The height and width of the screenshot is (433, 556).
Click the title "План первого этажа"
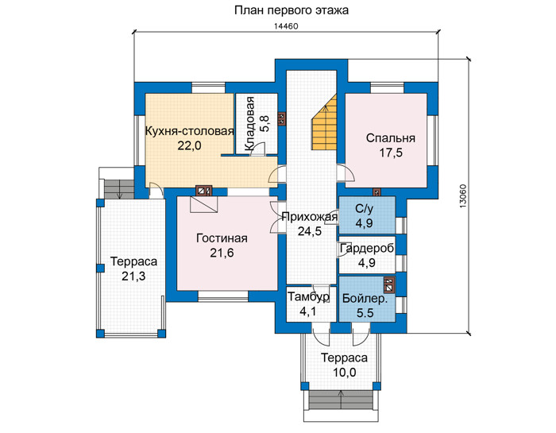click(292, 10)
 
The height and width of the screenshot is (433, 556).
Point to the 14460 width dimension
click(286, 26)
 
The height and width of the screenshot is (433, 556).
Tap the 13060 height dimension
click(464, 196)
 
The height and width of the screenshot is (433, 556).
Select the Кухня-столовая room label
click(190, 131)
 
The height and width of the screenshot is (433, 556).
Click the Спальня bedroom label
click(391, 138)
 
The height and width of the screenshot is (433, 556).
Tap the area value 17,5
click(391, 153)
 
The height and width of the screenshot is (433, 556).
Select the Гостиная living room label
click(222, 238)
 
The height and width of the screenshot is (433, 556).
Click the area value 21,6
click(222, 253)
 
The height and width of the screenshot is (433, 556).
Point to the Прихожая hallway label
click(310, 216)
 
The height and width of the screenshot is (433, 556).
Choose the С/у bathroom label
click(365, 209)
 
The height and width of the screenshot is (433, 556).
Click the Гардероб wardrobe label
click(367, 248)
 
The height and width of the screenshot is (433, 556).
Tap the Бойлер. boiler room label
click(365, 299)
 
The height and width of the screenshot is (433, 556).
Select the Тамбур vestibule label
click(308, 296)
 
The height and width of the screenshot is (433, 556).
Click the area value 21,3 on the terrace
click(133, 276)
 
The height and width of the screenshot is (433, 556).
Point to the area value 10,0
click(344, 373)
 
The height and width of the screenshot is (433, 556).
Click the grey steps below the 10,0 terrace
click(342, 400)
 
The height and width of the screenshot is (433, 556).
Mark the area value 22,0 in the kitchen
click(189, 145)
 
